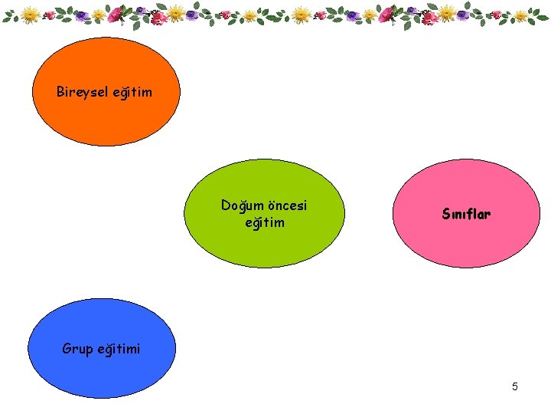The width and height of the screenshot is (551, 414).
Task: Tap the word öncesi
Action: click(x=286, y=205)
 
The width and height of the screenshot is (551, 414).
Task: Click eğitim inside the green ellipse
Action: click(x=264, y=222)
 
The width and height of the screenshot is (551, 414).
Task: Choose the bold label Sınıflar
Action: click(x=466, y=214)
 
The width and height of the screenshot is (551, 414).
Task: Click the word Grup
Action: click(x=77, y=350)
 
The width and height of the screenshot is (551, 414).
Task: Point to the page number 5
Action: click(x=515, y=386)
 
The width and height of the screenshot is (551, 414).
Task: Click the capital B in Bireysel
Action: click(x=60, y=92)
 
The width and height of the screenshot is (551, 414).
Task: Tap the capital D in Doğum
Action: click(x=226, y=205)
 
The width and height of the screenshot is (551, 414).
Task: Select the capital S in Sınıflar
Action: click(x=446, y=214)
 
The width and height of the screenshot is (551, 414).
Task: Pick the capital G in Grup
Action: click(x=67, y=350)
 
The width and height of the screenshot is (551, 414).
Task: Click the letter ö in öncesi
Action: click(x=269, y=205)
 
